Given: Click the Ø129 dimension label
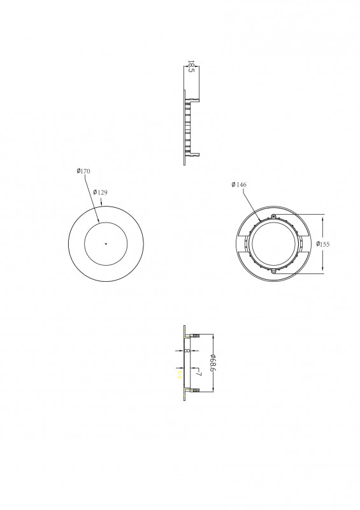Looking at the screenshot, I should click(x=99, y=192).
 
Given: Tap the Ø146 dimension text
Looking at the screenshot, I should click(x=239, y=185).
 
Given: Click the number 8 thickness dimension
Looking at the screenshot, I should click(x=187, y=350).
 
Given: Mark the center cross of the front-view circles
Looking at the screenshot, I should click(x=106, y=244).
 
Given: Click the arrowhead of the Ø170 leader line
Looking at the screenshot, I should click(x=98, y=221).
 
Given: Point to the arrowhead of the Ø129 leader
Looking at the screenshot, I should click(x=102, y=205).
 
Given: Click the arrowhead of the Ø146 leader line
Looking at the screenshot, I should click(x=258, y=221).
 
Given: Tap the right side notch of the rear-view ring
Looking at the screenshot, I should click(x=305, y=244).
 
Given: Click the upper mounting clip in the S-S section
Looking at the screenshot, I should click(x=194, y=335).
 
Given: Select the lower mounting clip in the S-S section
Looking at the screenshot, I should click(x=194, y=390).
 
